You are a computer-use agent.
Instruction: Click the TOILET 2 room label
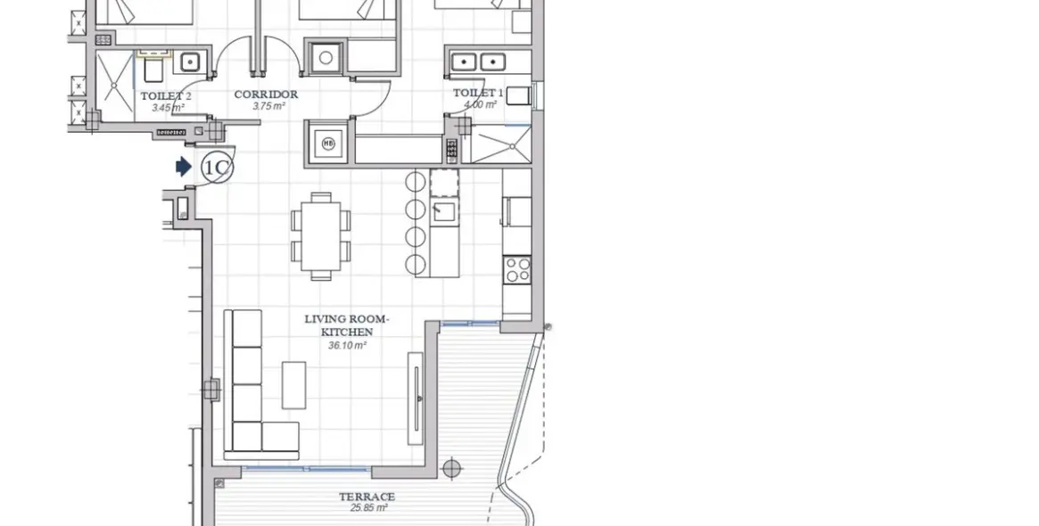165,95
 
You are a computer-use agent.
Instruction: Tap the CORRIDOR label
266,95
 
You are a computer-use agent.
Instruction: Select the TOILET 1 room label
478,93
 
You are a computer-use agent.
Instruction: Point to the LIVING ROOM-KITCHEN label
347,325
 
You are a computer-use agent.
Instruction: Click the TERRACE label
367,497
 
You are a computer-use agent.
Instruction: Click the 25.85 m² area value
368,508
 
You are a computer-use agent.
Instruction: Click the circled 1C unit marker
216,168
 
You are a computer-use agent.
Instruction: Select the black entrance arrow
184,167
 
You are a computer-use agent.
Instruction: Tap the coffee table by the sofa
294,384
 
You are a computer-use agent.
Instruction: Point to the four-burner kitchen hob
517,269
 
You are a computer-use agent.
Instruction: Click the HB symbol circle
327,144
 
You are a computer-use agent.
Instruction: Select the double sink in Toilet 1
476,62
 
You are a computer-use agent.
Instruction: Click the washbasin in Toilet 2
190,62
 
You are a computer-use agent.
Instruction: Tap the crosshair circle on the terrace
452,467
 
